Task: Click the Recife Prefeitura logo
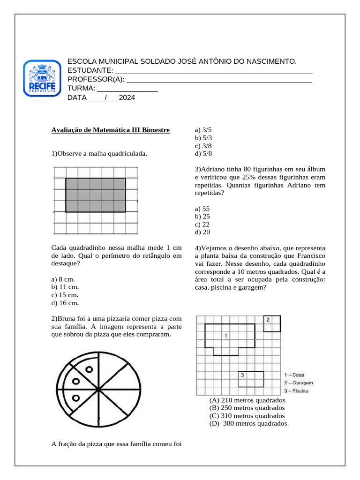(42, 78)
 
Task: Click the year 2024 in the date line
(127, 98)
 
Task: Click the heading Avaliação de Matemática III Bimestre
(110, 130)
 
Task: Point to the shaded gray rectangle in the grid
(95, 195)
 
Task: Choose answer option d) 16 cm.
(65, 303)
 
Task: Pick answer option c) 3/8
(203, 146)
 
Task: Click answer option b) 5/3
(203, 138)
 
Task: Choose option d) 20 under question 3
(202, 232)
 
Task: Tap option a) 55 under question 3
(202, 208)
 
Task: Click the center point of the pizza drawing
(99, 390)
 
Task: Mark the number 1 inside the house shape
(226, 336)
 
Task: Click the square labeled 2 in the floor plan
(271, 323)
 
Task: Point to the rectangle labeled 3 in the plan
(250, 378)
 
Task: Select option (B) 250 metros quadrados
(247, 408)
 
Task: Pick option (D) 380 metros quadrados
(248, 424)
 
